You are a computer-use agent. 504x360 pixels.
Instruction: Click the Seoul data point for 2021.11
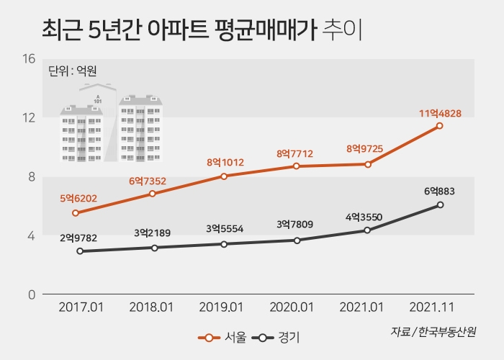click(440, 126)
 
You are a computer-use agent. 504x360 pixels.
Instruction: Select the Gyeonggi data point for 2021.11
click(440, 204)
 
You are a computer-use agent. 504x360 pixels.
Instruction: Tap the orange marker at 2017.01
click(76, 212)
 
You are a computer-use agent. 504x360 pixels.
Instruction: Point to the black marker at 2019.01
click(224, 244)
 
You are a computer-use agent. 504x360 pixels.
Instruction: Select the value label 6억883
click(440, 191)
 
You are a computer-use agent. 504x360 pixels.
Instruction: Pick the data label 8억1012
click(224, 163)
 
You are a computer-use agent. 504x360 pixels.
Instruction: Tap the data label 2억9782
click(79, 237)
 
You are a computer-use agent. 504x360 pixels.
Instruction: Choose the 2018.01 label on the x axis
click(152, 307)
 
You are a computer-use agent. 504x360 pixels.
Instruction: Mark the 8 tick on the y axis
click(31, 177)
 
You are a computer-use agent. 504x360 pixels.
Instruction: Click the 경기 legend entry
click(278, 336)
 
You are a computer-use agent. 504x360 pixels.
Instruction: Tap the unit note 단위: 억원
click(72, 71)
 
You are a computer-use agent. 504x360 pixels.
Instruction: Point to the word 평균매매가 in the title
click(266, 30)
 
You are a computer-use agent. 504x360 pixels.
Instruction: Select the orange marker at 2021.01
click(368, 164)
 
